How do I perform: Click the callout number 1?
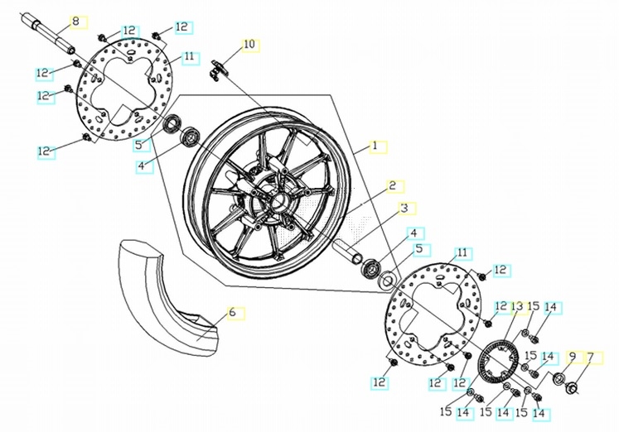click(375, 146)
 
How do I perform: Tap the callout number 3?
click(404, 208)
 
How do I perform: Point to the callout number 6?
click(233, 313)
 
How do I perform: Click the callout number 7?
click(591, 358)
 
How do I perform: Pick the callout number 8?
click(76, 20)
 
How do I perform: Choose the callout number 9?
click(571, 358)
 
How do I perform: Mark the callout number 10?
click(249, 44)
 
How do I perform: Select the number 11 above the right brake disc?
click(462, 252)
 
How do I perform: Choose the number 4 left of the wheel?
click(142, 166)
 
